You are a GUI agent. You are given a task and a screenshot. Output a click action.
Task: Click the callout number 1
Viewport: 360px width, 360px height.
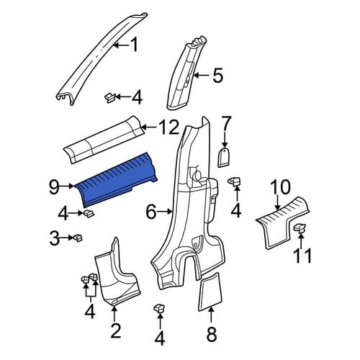134,45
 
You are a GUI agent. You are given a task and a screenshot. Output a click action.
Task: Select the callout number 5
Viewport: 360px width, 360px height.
218,76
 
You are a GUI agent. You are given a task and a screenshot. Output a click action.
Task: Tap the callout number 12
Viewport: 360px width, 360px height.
170,127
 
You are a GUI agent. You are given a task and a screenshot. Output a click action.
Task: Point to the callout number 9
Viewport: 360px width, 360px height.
54,186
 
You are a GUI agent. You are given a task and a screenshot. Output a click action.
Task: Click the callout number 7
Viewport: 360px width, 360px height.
225,124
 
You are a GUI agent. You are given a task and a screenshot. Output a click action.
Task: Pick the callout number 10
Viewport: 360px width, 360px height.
280,187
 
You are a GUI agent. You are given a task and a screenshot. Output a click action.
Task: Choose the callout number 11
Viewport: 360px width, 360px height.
302,256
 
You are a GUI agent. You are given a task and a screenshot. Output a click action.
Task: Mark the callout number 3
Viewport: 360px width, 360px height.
55,238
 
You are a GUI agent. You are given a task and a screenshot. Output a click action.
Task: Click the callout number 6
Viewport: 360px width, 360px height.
151,212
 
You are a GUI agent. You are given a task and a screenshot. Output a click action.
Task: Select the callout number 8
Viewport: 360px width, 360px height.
212,333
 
